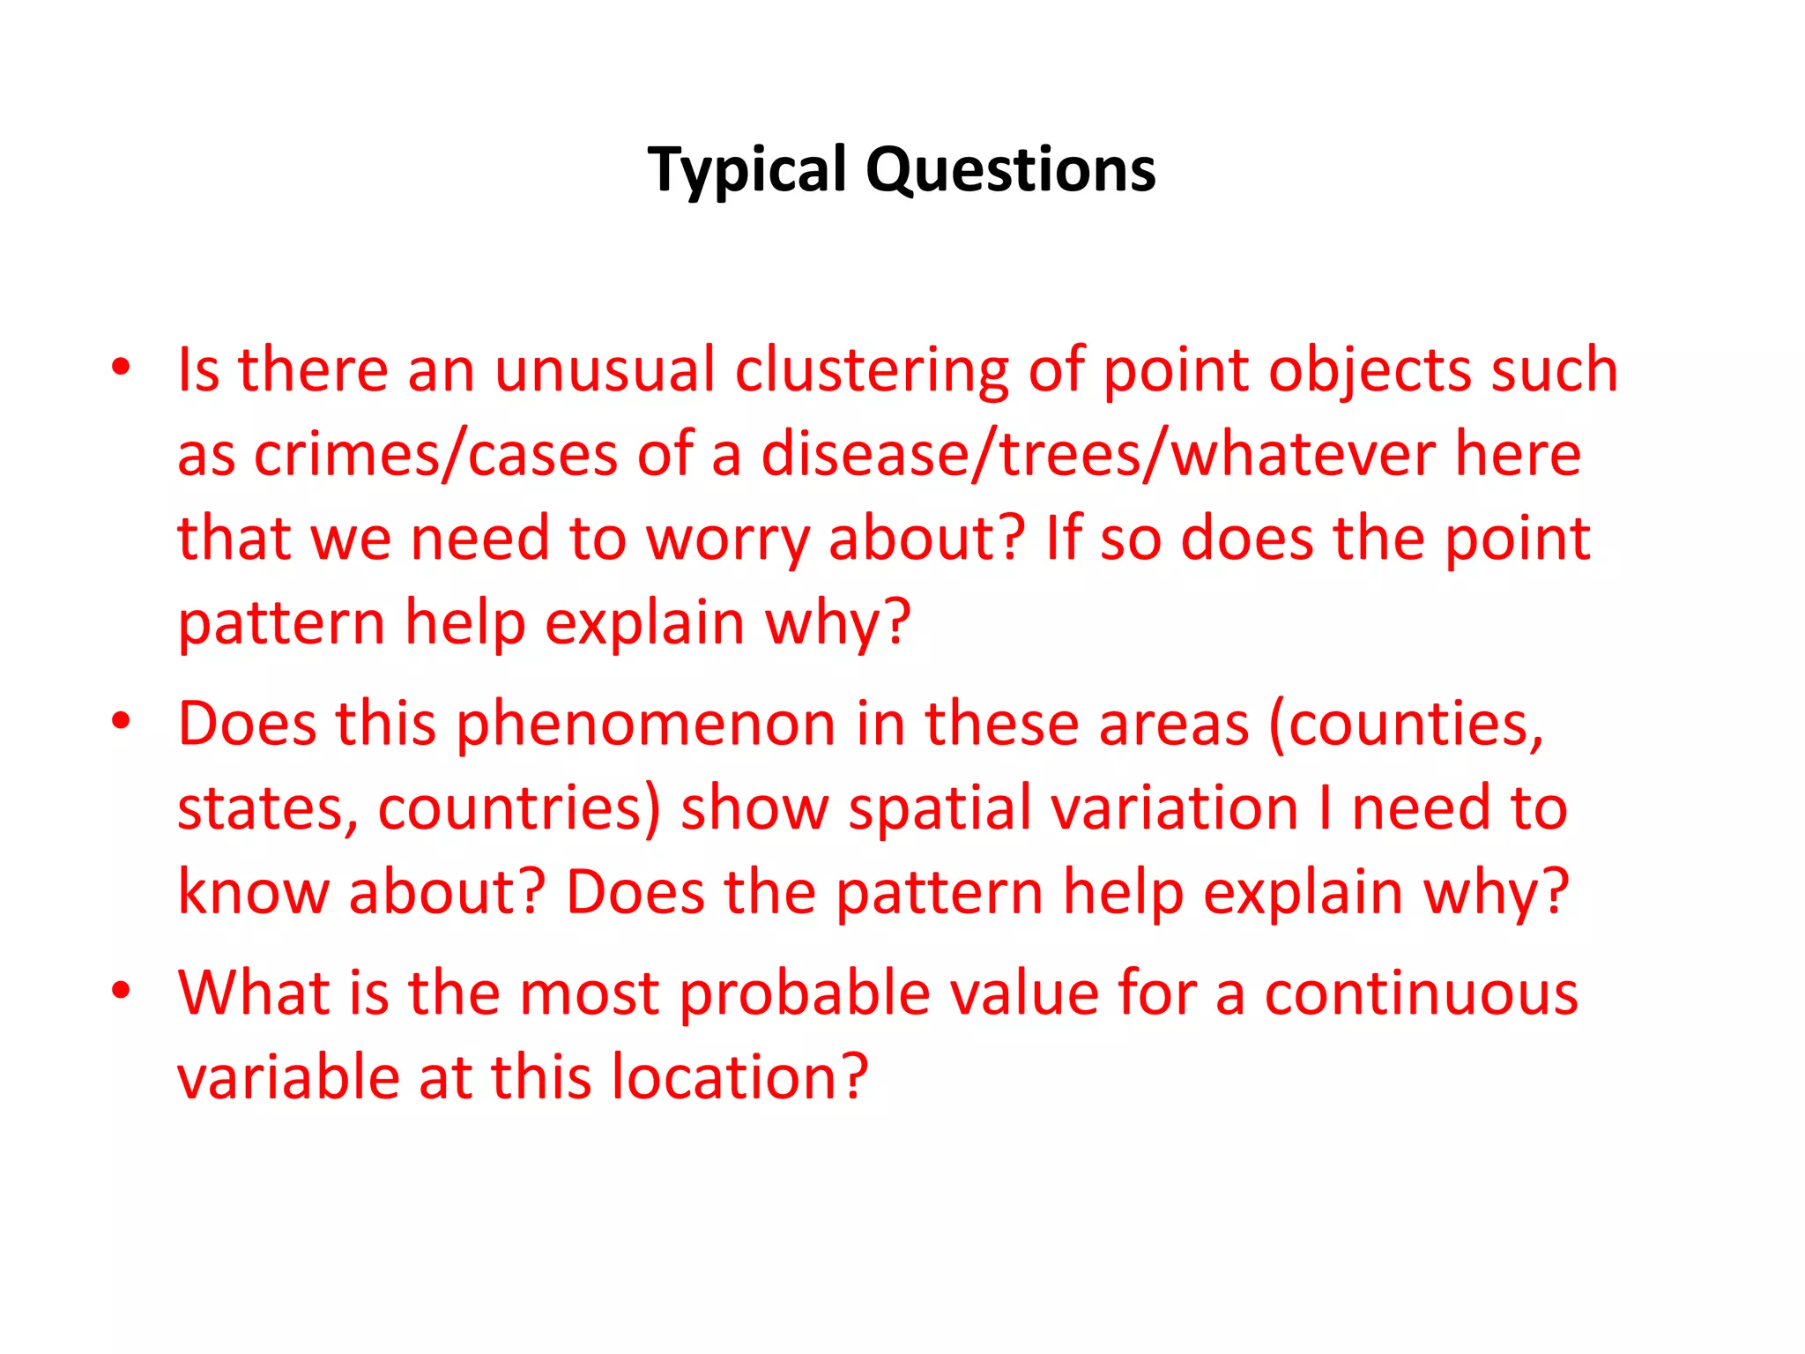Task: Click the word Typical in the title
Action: point(747,169)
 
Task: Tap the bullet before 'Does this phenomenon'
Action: point(121,721)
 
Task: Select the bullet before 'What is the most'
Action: point(121,990)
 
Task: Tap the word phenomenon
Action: point(645,725)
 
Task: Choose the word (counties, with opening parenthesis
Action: point(1407,725)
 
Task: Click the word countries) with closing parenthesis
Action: point(519,809)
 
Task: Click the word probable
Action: point(805,993)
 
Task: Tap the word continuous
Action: point(1421,993)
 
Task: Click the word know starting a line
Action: point(254,892)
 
